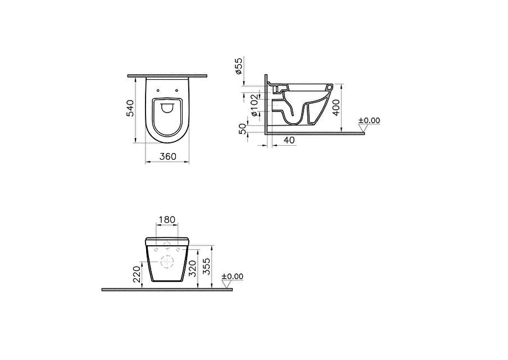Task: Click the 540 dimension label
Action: (130, 108)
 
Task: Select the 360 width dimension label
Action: (167, 156)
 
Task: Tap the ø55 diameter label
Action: (238, 66)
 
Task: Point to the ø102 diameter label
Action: (254, 105)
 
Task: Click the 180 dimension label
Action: (167, 219)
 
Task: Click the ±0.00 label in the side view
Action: (369, 120)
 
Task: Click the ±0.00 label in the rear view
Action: (232, 276)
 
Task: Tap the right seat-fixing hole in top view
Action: (176, 90)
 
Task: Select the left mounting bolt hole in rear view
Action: (155, 249)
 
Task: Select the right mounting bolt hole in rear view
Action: (180, 249)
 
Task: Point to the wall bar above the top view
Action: (167, 75)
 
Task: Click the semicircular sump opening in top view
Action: (167, 109)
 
